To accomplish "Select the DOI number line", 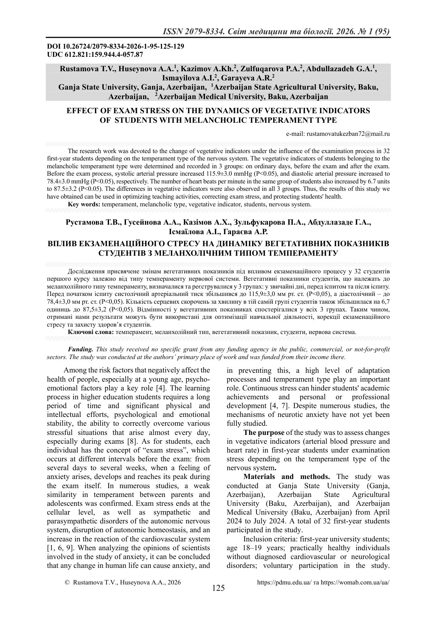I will tap(115, 47).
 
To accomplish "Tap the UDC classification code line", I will tap(95, 54).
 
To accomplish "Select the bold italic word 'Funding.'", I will tap(80, 349).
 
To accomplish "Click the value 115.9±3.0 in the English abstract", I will tap(218, 174).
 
